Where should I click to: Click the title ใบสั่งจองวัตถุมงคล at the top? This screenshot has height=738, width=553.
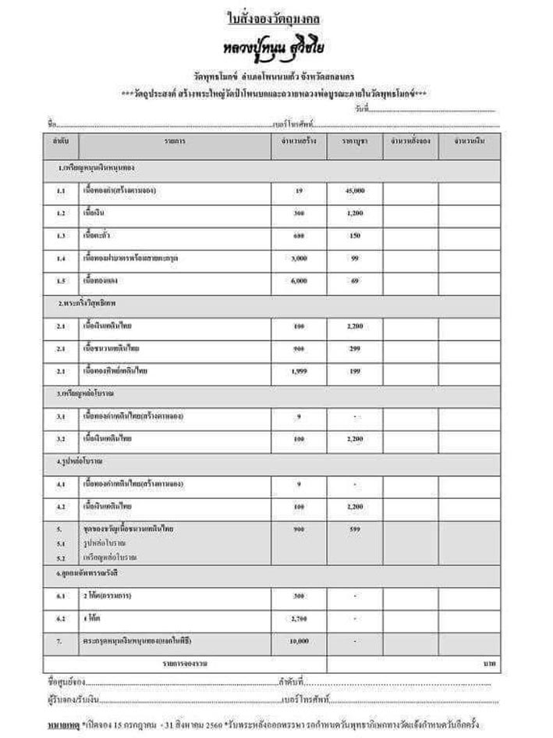click(276, 17)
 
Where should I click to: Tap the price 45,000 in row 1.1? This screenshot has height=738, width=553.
click(354, 191)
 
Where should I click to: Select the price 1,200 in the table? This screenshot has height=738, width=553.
click(354, 212)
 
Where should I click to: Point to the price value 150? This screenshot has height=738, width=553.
click(354, 235)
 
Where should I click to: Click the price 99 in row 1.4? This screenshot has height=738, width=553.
click(354, 257)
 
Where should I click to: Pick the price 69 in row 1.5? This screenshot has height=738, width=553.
click(354, 279)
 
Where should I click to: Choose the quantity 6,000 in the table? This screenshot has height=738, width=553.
click(299, 279)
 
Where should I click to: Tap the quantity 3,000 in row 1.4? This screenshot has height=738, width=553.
click(299, 257)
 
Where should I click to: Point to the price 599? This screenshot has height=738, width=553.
click(354, 529)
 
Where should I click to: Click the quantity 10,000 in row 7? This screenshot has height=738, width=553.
click(299, 640)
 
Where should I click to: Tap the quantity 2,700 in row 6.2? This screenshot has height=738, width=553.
click(299, 619)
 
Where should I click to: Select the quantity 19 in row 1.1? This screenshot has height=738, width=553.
click(299, 191)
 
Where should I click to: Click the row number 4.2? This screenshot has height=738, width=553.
click(61, 507)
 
